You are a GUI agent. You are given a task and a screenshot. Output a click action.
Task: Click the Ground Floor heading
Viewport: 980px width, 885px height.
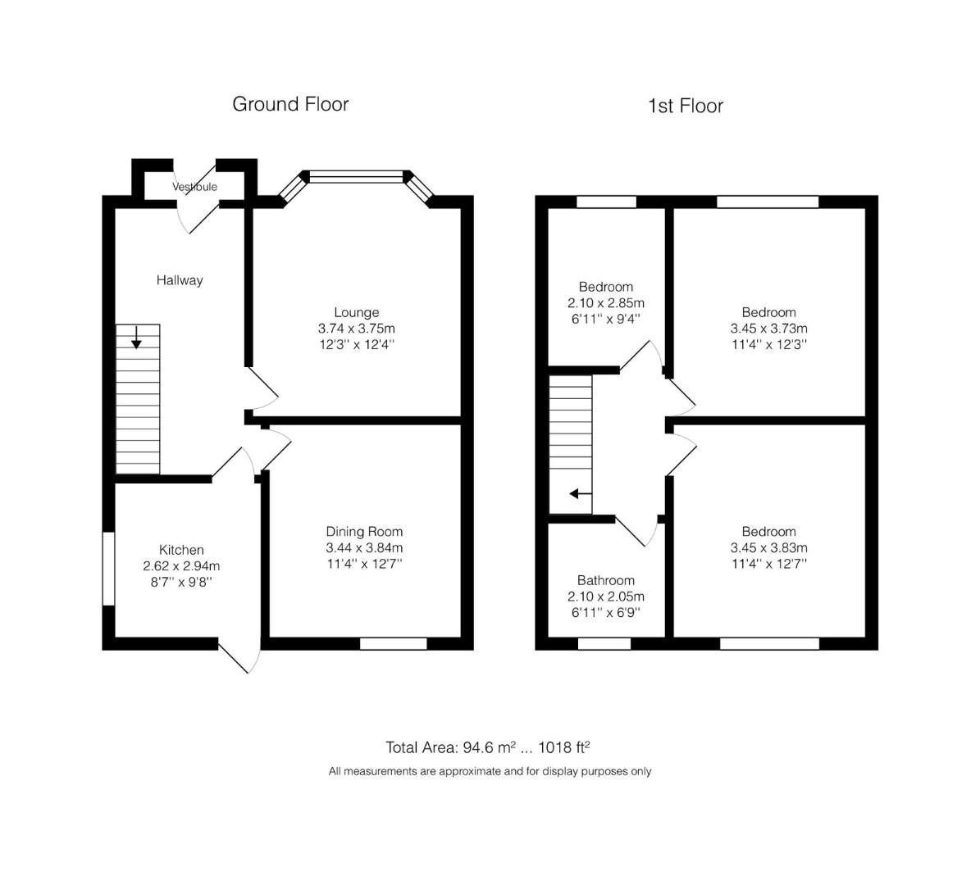click(x=290, y=104)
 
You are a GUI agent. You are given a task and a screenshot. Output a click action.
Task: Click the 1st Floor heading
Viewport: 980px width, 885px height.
click(x=686, y=107)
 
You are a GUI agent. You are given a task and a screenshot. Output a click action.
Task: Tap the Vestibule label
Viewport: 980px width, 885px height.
click(x=195, y=187)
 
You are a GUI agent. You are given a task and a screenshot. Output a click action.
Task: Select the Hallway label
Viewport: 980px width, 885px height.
click(x=180, y=280)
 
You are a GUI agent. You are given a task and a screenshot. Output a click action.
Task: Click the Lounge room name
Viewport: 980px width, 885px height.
click(x=356, y=312)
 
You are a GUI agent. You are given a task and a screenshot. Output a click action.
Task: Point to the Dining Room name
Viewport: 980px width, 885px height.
click(x=364, y=532)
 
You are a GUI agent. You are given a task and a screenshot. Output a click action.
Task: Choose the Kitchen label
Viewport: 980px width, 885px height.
click(x=181, y=550)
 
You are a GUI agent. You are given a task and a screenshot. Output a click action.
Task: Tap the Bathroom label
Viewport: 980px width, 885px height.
click(x=605, y=580)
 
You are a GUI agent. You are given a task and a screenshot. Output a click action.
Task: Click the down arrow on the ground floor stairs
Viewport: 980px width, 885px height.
click(x=136, y=337)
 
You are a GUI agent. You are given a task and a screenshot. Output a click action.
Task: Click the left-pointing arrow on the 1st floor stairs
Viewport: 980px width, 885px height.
click(x=581, y=494)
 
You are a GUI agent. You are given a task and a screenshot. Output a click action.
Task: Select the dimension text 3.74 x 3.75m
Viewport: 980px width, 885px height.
click(x=356, y=329)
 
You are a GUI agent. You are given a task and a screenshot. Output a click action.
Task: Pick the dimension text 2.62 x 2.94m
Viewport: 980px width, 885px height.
click(x=181, y=566)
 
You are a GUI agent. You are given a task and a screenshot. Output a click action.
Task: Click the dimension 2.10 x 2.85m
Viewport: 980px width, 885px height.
click(x=605, y=303)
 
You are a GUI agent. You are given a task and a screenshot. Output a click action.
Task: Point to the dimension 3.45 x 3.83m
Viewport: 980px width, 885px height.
click(x=768, y=547)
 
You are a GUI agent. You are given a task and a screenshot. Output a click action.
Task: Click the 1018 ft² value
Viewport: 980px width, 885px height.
click(x=564, y=747)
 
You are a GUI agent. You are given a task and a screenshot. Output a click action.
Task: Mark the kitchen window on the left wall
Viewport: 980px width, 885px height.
click(x=109, y=569)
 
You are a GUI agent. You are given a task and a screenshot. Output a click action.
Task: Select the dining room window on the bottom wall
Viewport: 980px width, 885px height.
click(x=394, y=644)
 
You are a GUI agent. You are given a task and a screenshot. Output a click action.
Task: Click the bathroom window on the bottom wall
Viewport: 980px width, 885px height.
click(x=604, y=644)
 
